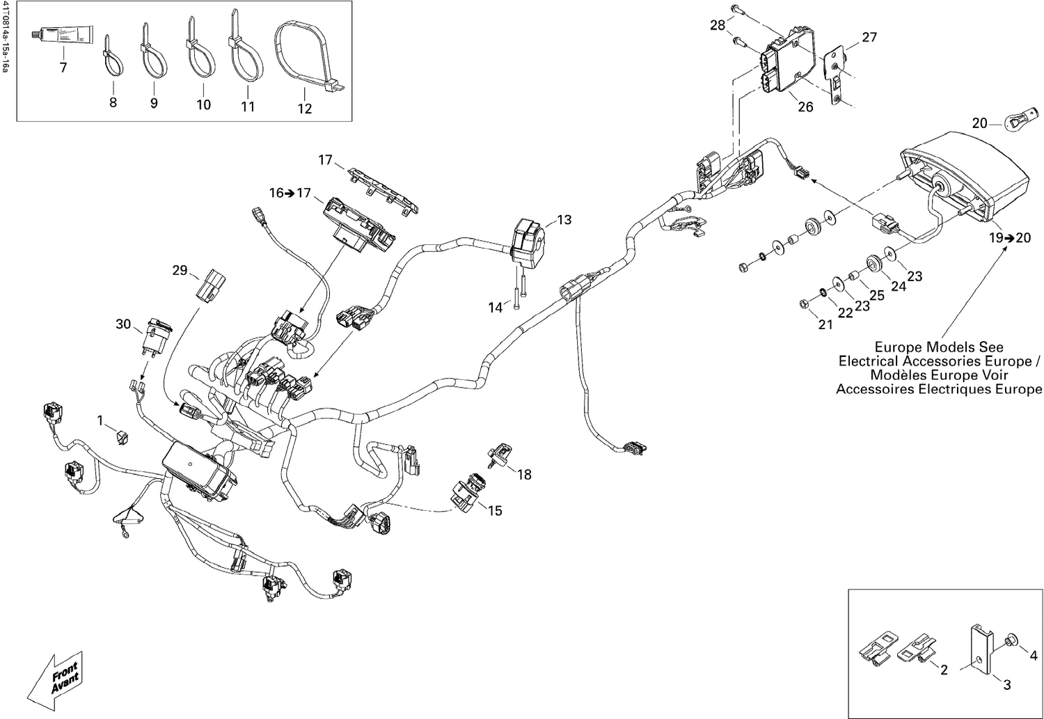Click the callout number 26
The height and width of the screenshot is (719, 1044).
[x=805, y=107]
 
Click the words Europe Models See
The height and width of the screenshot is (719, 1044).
[x=938, y=347]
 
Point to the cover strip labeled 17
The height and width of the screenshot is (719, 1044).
[x=381, y=185]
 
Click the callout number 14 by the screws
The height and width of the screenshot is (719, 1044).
[x=495, y=307]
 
